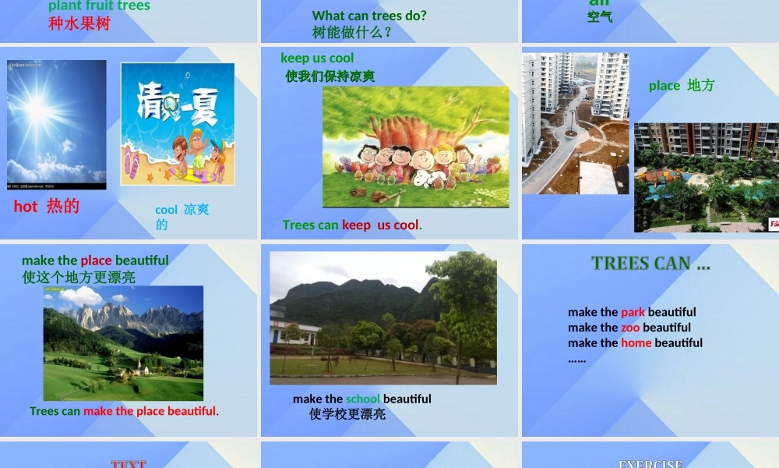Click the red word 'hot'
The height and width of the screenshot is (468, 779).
coord(26,207)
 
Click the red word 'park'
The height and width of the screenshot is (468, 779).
coord(633,312)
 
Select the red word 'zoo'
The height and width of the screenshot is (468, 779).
coord(630,328)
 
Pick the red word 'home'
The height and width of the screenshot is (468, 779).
coord(636,343)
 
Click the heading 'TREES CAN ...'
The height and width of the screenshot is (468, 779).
coord(650,264)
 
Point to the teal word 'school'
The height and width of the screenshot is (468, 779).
coord(363,399)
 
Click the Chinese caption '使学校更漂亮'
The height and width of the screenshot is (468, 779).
coord(347,414)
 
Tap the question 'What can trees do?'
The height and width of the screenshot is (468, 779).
coord(369,16)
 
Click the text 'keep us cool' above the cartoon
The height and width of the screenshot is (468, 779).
coord(317,58)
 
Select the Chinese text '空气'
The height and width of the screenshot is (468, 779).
coord(600,16)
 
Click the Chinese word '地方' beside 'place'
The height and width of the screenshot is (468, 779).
coord(700,86)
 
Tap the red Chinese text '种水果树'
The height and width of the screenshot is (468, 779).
coord(79,23)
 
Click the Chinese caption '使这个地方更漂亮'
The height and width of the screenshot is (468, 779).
coord(79,277)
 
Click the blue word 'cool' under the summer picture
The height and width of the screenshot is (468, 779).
coord(167,210)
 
